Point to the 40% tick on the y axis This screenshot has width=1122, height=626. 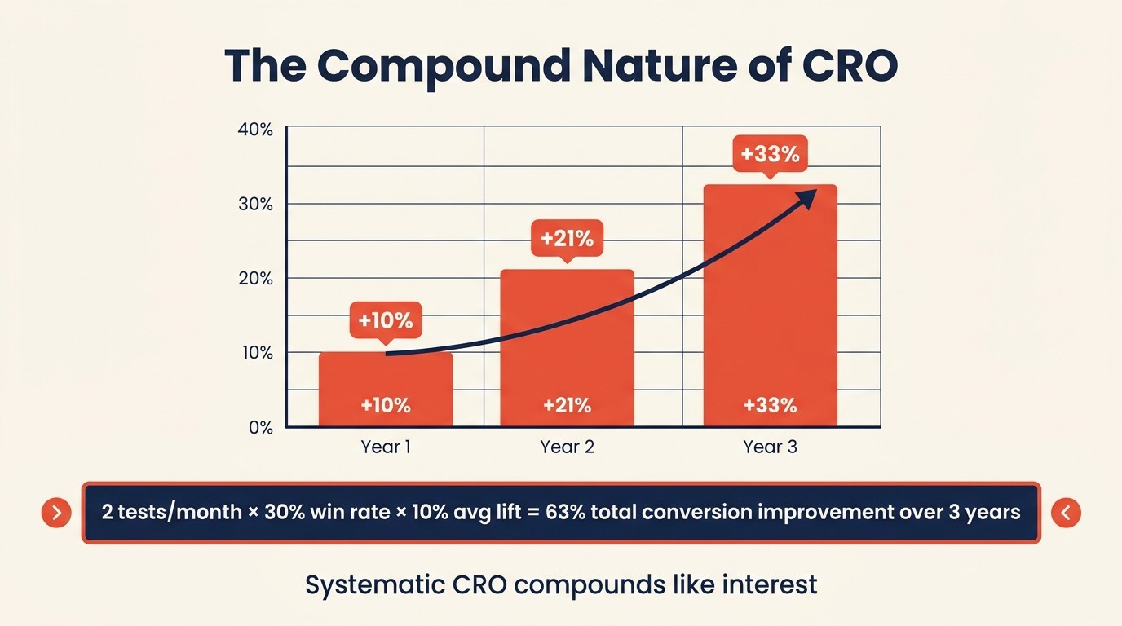tap(255, 130)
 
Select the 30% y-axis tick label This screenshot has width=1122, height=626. tap(255, 204)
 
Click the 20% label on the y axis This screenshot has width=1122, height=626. tap(255, 279)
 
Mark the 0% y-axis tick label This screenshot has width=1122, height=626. tap(260, 428)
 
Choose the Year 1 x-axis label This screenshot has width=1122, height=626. tap(386, 447)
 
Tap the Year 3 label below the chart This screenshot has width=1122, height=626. tap(770, 447)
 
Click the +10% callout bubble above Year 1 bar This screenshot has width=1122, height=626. tap(386, 320)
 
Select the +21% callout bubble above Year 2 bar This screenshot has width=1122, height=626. tap(567, 240)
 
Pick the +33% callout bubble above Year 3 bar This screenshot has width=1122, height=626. tap(770, 153)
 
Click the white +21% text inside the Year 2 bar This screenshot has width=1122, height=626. tap(567, 405)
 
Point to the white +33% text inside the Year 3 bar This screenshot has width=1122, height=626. tap(770, 405)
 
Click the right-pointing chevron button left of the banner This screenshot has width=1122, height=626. tap(56, 513)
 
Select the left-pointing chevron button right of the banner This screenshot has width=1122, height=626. tap(1066, 513)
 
